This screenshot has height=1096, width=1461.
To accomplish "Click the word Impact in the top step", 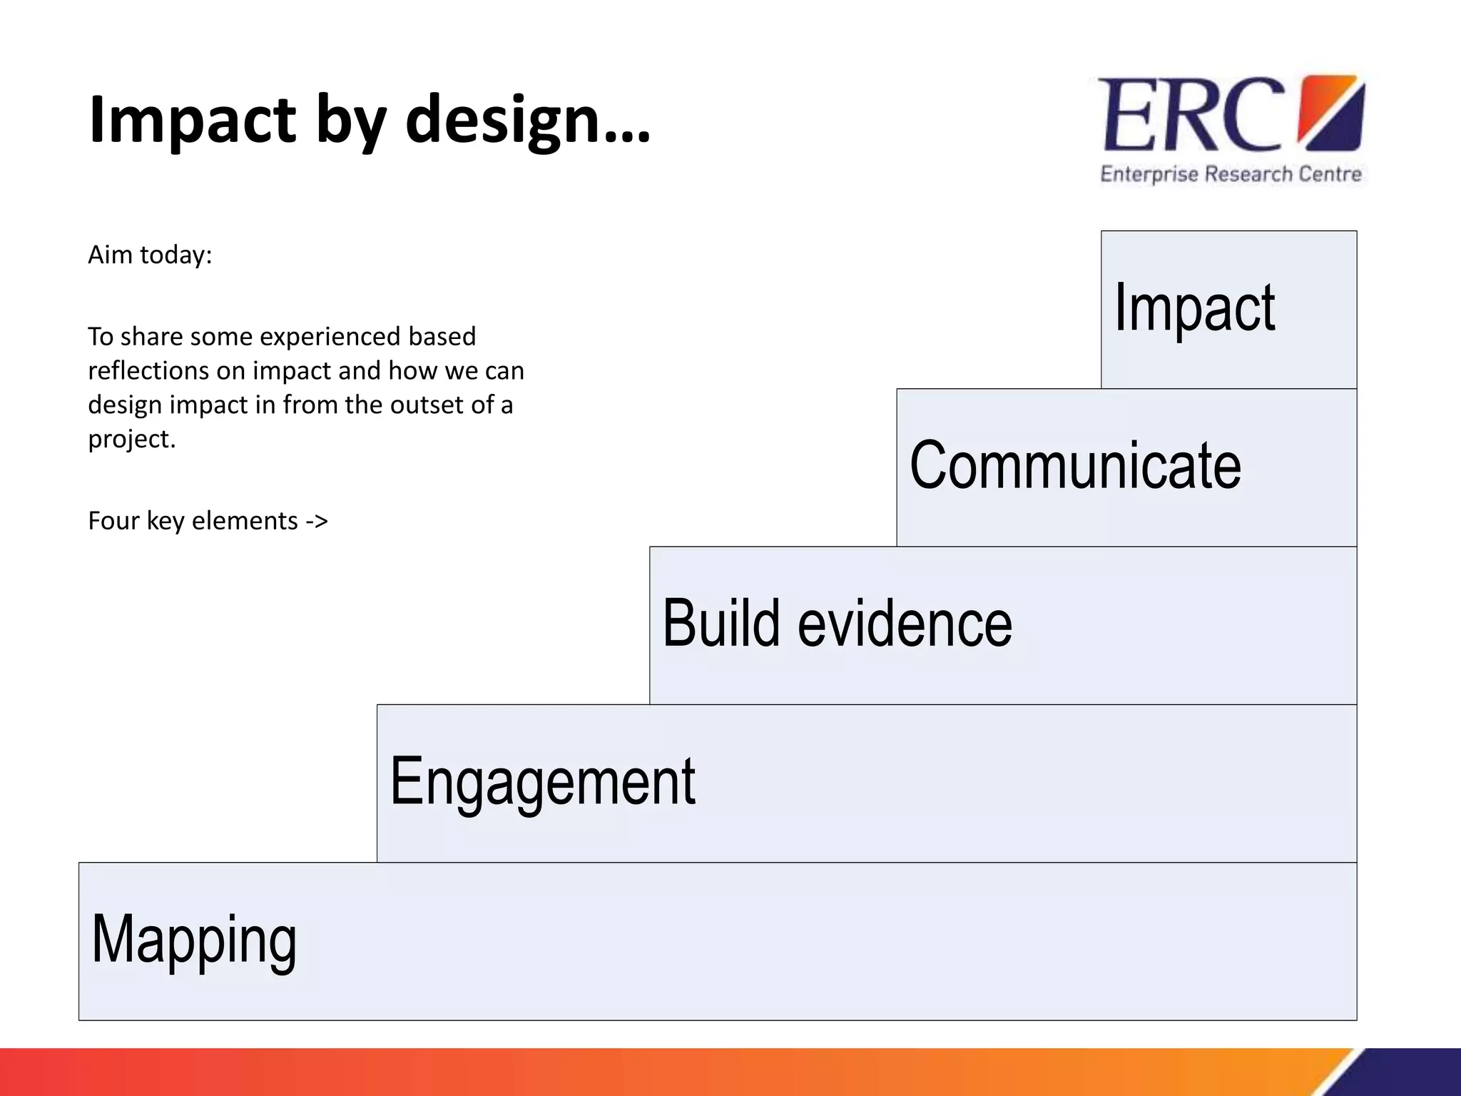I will [x=1194, y=308].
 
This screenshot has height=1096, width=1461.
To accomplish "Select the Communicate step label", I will [x=1075, y=465].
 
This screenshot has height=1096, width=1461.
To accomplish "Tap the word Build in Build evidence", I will [x=721, y=623].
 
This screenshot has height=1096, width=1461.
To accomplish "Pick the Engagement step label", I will [x=542, y=782].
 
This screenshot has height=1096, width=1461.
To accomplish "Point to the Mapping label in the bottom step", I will [x=194, y=940].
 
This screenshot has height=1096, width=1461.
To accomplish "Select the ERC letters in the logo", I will [x=1190, y=116].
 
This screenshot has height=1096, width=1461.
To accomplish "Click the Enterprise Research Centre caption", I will [x=1231, y=174].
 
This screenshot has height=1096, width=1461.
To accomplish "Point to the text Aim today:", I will [x=150, y=255].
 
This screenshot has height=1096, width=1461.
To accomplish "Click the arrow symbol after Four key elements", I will [x=317, y=521].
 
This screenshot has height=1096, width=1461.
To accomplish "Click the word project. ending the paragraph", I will [x=132, y=439].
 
